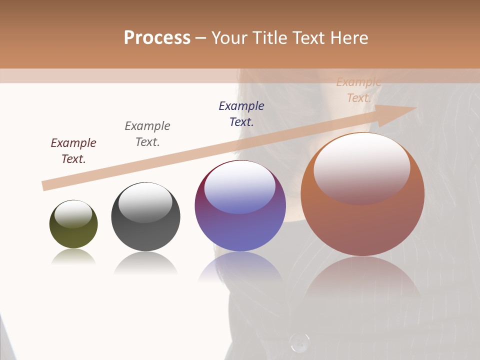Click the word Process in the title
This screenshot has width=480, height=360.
(x=157, y=38)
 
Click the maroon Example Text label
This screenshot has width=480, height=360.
(x=73, y=151)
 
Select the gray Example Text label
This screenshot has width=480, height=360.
(x=147, y=134)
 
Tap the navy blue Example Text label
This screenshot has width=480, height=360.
(x=241, y=114)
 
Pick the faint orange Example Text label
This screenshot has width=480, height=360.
(x=358, y=90)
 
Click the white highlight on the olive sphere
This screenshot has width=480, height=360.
(x=73, y=214)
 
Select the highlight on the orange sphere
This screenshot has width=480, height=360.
(x=362, y=167)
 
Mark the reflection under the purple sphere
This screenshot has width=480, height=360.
(x=240, y=267)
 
